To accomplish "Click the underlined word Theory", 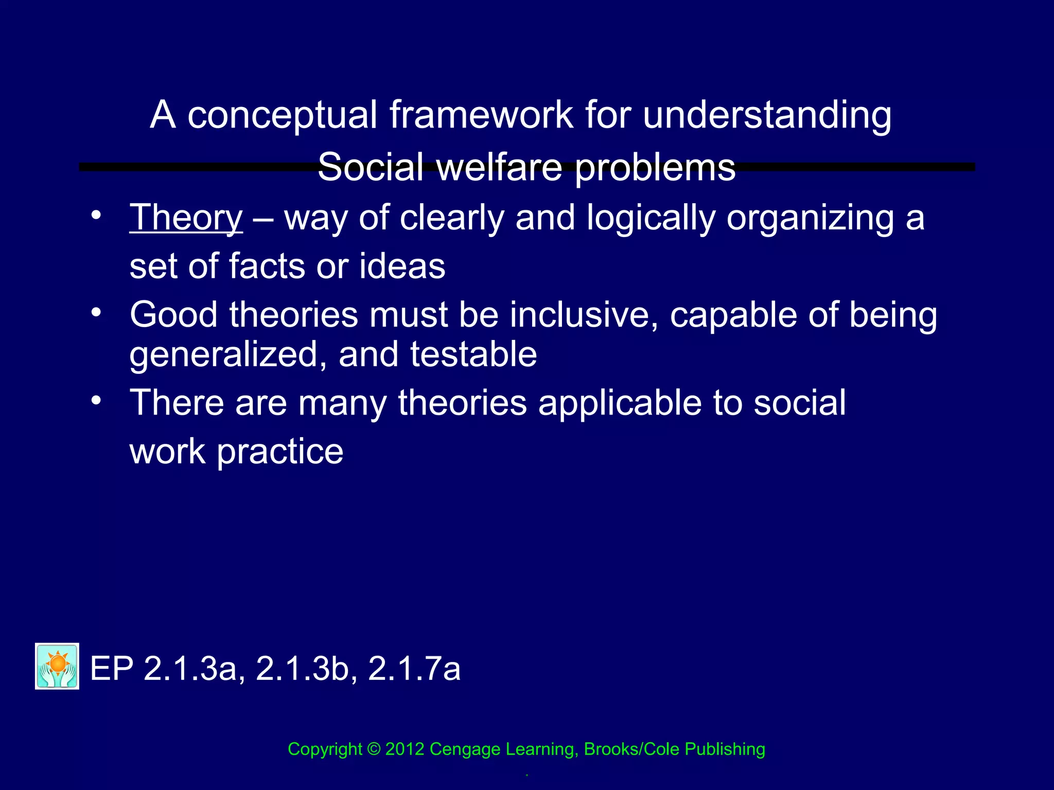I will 186,218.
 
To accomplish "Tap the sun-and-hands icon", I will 57,666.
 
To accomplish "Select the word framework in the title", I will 481,115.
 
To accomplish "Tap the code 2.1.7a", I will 414,669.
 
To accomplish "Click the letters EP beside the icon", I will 112,669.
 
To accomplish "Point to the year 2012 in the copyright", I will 405,749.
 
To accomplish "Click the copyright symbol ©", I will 374,749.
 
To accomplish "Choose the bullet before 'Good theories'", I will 96,312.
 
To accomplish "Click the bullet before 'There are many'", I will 96,400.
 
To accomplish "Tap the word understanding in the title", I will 767,115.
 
